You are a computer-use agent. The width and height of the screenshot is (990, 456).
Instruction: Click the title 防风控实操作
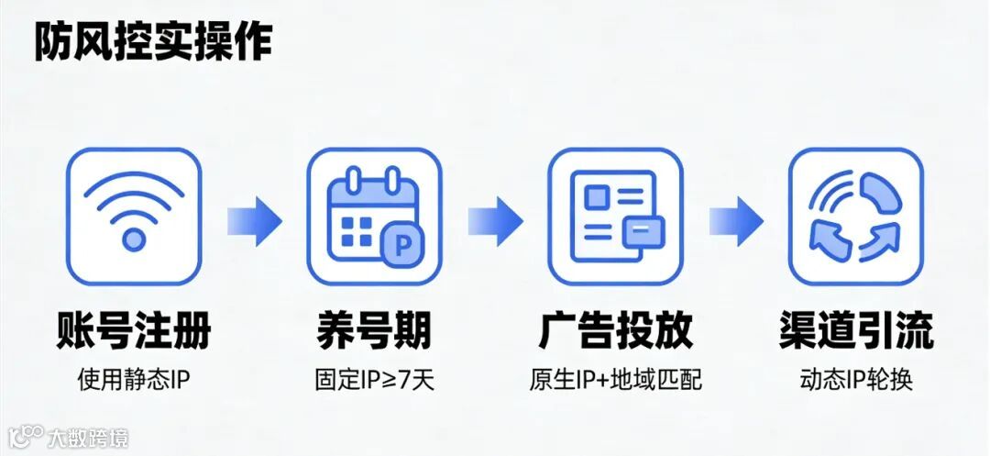(x=153, y=41)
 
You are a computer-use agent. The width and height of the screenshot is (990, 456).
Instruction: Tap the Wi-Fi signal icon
(x=134, y=216)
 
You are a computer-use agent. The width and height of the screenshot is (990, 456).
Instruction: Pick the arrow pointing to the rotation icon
(x=735, y=220)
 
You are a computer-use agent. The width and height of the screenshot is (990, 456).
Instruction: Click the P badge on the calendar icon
(x=401, y=243)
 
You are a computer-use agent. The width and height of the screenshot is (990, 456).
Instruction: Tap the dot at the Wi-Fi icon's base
(x=134, y=240)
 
